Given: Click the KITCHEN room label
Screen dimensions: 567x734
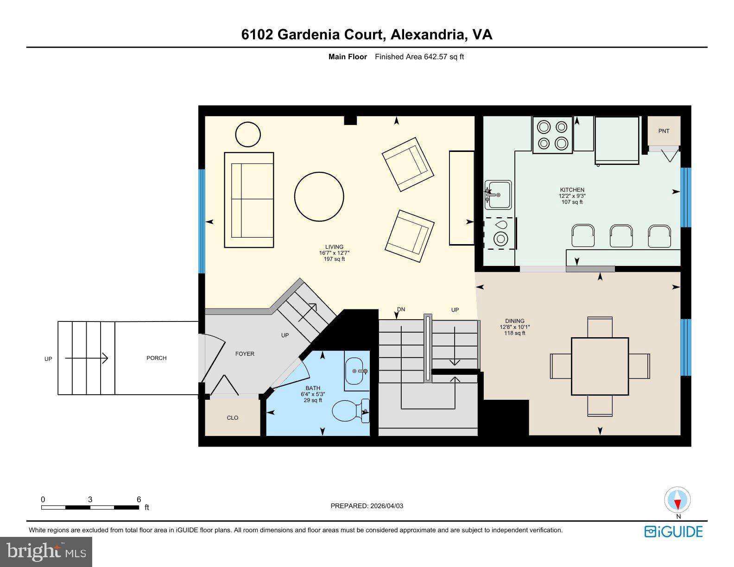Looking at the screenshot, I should tap(572, 190).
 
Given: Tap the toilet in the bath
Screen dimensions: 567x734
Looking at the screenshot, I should tap(347, 410).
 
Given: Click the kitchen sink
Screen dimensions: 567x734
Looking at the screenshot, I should tap(499, 195).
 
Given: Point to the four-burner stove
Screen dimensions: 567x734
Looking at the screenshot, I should tap(552, 135).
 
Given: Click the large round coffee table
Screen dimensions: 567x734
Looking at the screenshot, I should tap(319, 196).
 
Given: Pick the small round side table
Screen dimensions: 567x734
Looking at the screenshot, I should tap(248, 134).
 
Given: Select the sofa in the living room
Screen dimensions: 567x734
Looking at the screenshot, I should tap(249, 200).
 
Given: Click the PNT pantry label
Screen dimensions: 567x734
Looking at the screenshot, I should tap(664, 131).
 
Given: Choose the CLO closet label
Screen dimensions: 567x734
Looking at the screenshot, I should tap(233, 418).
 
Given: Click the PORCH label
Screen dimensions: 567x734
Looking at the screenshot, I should tap(157, 358).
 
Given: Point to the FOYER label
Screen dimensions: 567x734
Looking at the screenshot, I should tap(245, 354).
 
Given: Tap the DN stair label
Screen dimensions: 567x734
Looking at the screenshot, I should tap(401, 309).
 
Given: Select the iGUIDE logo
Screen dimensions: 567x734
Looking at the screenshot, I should tap(673, 532).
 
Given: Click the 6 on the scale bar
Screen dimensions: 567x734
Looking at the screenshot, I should tap(139, 499).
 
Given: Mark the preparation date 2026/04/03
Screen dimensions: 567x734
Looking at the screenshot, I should tap(386, 506).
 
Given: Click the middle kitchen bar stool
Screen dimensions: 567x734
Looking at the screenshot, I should tap(621, 235).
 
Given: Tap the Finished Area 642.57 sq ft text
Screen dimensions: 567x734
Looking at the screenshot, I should tap(419, 57).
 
